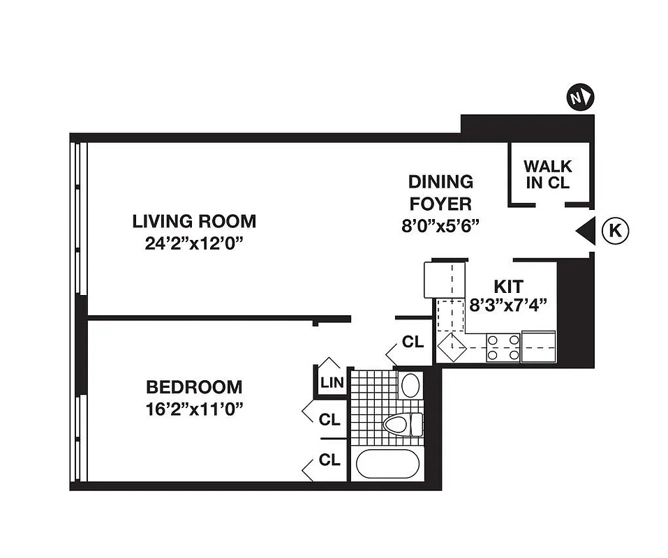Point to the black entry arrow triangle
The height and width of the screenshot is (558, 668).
pos(584,230)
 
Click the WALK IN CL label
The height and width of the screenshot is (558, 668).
pos(547,175)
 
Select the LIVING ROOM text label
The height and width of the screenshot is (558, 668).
pos(194,222)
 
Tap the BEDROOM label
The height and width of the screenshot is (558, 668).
pos(194,387)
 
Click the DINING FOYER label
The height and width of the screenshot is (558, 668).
pos(440,193)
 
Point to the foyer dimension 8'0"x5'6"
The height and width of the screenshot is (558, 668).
pos(440,226)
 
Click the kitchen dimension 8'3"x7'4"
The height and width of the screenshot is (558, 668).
pos(509,304)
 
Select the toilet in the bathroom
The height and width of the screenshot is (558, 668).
pos(403,423)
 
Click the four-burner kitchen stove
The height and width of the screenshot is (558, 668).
pos(503,347)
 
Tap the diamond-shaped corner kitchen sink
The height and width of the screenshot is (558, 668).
pos(450,347)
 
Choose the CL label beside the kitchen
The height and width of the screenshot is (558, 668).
pos(413,342)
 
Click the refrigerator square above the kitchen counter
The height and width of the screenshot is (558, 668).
pos(439,279)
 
